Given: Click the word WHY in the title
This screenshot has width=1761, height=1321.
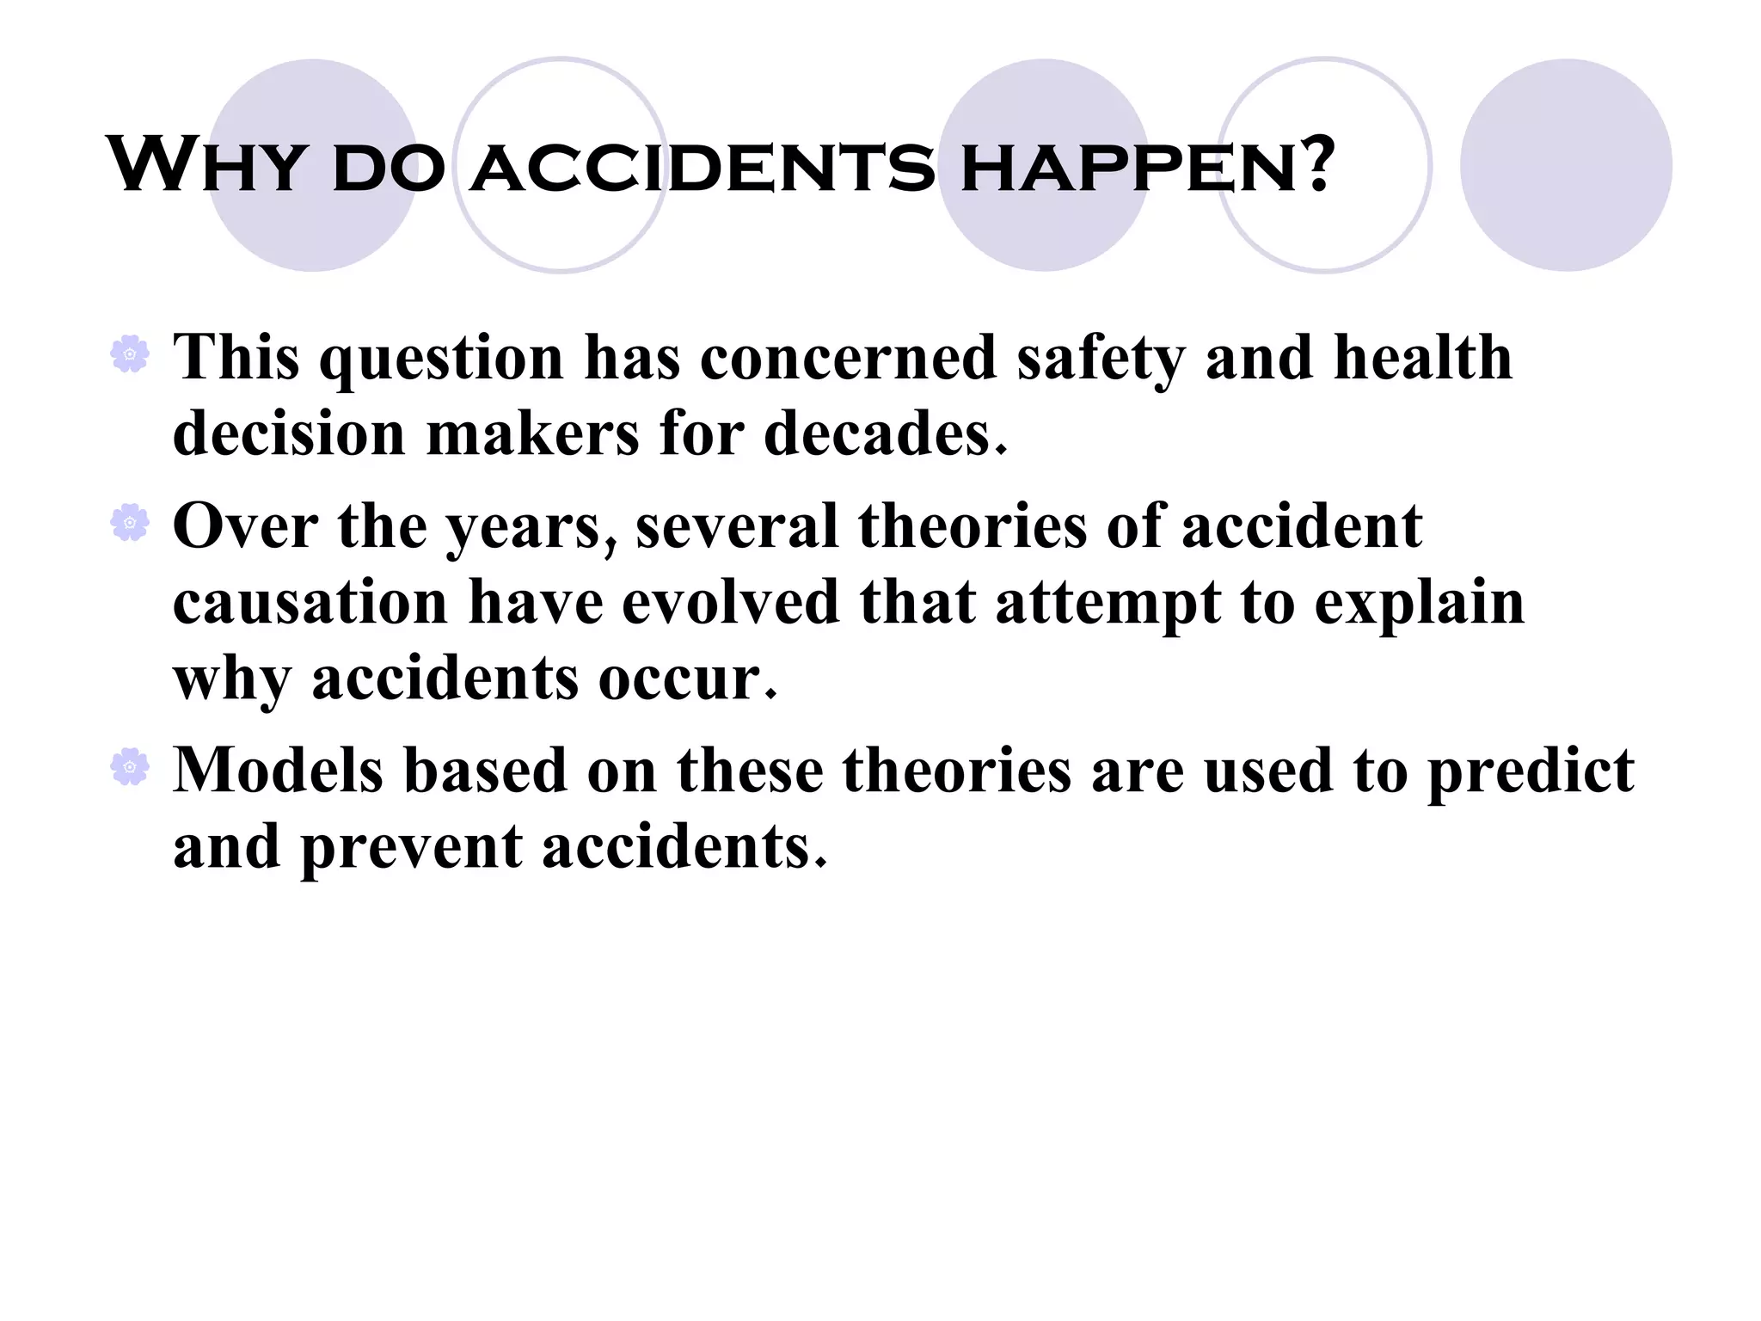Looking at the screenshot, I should pos(206,165).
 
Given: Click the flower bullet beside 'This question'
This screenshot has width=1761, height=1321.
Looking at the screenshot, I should pos(130,353).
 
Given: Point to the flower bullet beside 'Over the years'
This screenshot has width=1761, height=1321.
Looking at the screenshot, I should pos(130,522).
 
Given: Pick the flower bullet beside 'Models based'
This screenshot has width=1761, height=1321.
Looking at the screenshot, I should pos(130,766).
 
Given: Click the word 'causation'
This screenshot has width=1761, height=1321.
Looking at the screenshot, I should pos(310,602).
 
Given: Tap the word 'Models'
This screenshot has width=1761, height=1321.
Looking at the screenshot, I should pos(278,770).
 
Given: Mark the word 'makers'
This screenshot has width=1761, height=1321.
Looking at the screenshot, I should pos(532,433).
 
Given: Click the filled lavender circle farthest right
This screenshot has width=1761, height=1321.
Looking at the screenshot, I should pos(1565,165).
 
